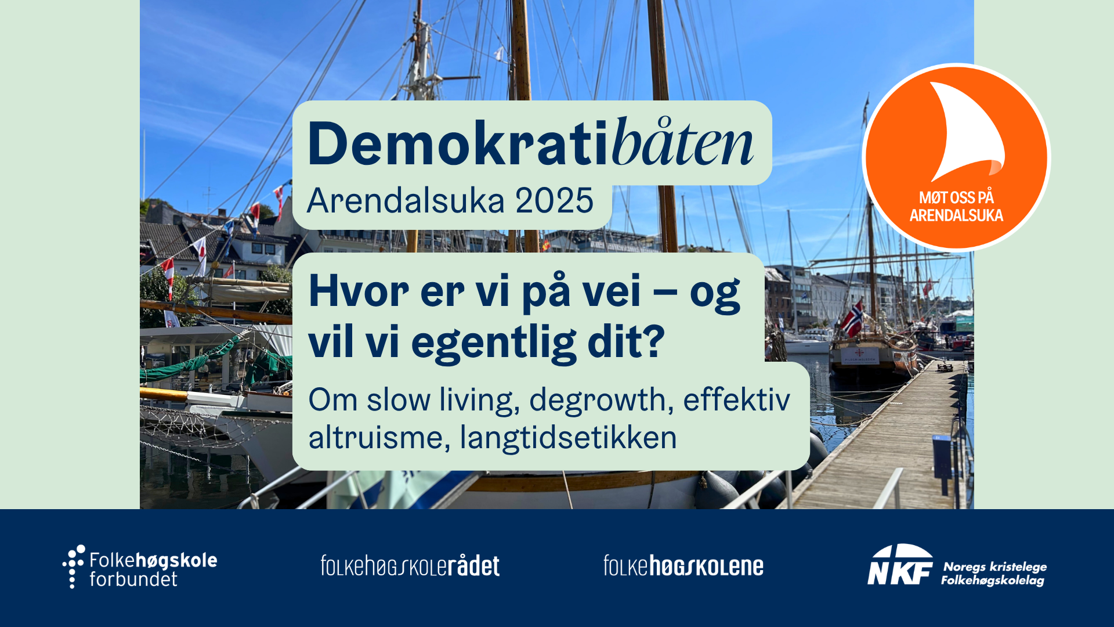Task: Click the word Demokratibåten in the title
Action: click(530, 143)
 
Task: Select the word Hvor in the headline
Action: click(359, 291)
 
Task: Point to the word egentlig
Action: click(494, 343)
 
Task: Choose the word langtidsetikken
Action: click(569, 438)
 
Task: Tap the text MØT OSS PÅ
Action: click(956, 197)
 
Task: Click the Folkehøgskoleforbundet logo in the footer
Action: click(140, 567)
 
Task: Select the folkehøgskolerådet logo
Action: click(410, 566)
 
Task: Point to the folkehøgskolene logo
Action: click(683, 566)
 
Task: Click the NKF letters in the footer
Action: click(900, 564)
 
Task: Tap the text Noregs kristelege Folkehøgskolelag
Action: click(994, 573)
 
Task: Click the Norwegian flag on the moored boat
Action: click(852, 318)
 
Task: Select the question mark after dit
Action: click(654, 341)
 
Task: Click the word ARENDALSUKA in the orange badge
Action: click(956, 216)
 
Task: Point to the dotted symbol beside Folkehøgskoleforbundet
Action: click(74, 567)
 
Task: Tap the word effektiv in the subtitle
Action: click(736, 400)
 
